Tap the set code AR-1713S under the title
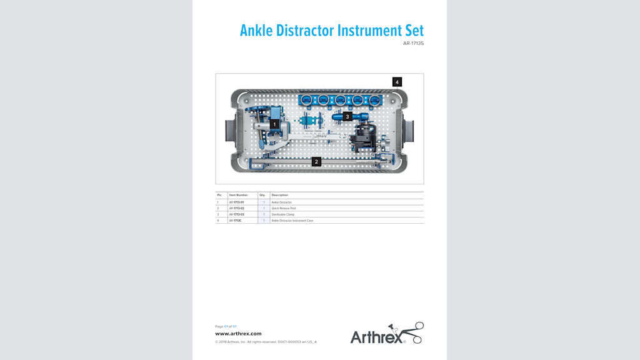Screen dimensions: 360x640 click(x=413, y=44)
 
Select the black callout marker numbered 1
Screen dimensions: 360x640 click(x=274, y=124)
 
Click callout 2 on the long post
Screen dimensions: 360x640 click(x=316, y=161)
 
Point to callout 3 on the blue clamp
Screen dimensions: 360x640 click(x=347, y=116)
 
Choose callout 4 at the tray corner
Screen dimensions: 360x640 click(x=397, y=82)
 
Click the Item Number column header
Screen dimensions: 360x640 click(x=238, y=195)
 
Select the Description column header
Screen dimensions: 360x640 click(x=280, y=195)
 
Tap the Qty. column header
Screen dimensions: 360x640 click(x=262, y=195)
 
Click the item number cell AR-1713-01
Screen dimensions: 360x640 click(x=236, y=202)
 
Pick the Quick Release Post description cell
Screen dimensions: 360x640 click(x=284, y=208)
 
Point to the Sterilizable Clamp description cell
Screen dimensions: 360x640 click(x=283, y=214)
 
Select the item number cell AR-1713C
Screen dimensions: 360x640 click(x=235, y=220)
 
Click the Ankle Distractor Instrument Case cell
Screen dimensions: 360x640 click(x=292, y=220)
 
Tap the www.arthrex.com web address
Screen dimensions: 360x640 click(x=238, y=334)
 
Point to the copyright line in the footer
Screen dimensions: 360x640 click(x=266, y=342)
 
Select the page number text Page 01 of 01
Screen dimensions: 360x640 click(x=226, y=326)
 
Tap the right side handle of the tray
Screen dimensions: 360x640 click(x=410, y=131)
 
